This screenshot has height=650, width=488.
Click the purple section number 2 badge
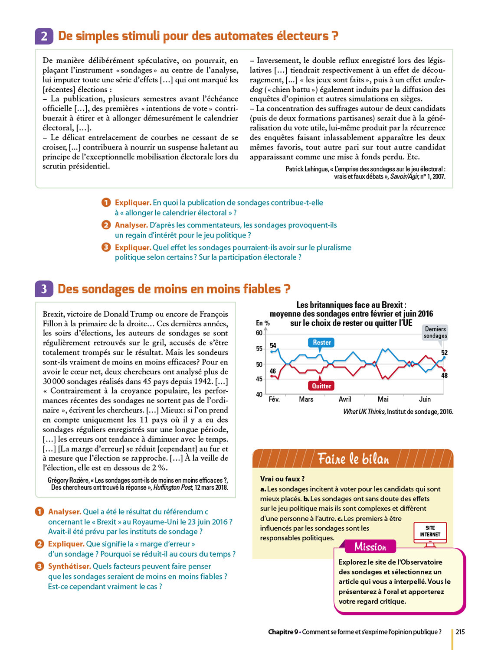point(44,36)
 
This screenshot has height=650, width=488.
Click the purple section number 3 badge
point(44,289)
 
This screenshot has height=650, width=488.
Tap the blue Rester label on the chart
point(322,342)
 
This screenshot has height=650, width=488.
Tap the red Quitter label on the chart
point(321,386)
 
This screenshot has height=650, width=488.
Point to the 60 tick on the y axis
point(259,333)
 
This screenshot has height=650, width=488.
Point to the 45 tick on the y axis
point(259,379)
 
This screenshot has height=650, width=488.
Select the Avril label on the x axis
point(345,399)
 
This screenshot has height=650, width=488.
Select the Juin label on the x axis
point(425,399)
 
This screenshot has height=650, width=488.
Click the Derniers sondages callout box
point(435,332)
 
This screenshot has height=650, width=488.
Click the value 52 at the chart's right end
point(444,353)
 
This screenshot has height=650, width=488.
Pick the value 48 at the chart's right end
point(444,375)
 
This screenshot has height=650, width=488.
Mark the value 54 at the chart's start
point(273,345)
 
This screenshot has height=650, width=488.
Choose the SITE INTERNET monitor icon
point(430,532)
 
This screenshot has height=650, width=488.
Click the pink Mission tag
point(370,547)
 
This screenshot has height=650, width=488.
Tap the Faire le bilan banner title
point(353,458)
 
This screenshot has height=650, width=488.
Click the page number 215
point(460,632)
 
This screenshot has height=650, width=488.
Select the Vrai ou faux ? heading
point(282,479)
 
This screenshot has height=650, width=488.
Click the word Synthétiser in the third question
point(69,566)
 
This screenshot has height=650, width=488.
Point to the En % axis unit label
point(263,323)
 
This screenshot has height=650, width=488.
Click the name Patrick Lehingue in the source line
point(306,169)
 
